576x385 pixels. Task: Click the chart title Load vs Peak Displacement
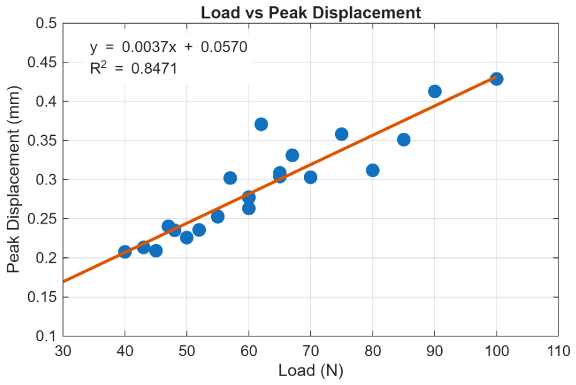click(311, 13)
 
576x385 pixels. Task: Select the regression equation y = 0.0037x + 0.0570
click(169, 47)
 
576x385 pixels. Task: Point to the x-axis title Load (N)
click(311, 370)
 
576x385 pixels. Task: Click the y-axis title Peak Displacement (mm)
click(13, 179)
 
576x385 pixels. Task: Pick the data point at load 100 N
click(496, 79)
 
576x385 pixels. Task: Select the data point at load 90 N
click(434, 91)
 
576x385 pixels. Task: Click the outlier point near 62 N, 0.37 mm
click(261, 125)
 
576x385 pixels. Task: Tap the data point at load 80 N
click(373, 170)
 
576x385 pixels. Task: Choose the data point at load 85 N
click(404, 140)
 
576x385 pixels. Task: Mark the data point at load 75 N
click(341, 135)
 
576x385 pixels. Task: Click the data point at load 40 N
click(125, 252)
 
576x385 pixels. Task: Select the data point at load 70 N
click(310, 177)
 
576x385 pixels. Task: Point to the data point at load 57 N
click(230, 179)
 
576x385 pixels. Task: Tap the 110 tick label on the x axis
click(558, 351)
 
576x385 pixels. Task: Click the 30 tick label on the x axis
click(63, 351)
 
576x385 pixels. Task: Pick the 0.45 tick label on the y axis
click(43, 62)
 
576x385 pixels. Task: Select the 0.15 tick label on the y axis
click(43, 297)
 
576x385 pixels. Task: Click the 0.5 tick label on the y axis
click(47, 23)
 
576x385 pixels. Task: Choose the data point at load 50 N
click(186, 238)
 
